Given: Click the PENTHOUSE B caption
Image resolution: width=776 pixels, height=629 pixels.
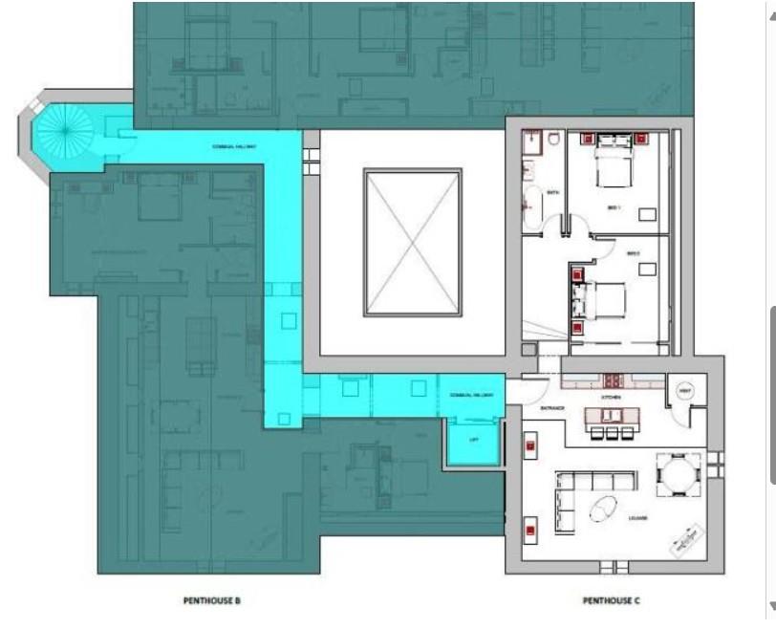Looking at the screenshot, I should pos(211,600).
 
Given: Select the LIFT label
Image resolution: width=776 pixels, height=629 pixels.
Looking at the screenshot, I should pos(472,441).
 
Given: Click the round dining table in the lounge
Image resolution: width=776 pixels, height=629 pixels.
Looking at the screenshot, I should pos(678,474).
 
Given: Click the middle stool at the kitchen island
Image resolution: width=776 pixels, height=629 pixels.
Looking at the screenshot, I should pos(612,433).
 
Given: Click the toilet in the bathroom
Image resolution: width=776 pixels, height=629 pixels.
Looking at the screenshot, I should pos(553,140).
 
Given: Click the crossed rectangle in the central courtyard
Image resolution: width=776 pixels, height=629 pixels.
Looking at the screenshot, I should pos(413,243).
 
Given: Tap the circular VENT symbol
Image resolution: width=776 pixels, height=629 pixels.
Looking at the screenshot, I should pos(683,392).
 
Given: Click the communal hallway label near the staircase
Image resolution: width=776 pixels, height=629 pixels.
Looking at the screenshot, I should pos(229,147).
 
